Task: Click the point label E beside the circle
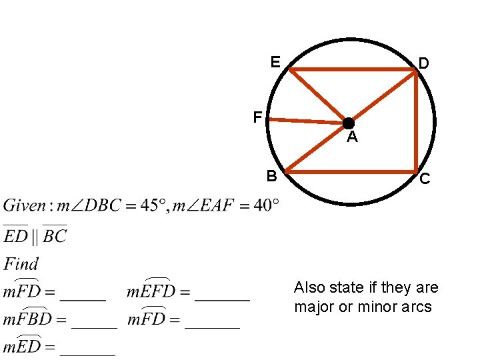[275, 63]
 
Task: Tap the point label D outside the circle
[423, 63]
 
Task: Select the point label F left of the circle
[257, 118]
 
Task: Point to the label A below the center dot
[352, 138]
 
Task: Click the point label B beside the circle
[271, 176]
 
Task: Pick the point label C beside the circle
[425, 179]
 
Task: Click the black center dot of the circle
[348, 123]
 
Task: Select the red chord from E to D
[353, 69]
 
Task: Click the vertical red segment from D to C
[417, 120]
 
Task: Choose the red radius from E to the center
[319, 96]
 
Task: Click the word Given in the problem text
[24, 205]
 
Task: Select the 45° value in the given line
[155, 205]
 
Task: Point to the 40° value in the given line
[265, 205]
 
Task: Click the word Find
[21, 264]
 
